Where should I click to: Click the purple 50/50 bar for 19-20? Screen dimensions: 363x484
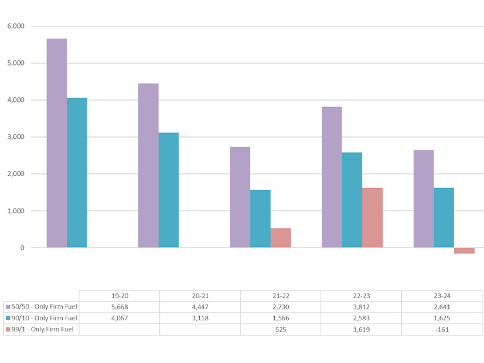tap(56, 143)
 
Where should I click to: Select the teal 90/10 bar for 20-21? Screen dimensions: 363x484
tap(168, 190)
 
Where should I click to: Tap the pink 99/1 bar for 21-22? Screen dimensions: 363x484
tap(281, 238)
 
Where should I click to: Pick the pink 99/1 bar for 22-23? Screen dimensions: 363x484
tap(372, 218)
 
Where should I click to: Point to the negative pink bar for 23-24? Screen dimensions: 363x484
tap(464, 251)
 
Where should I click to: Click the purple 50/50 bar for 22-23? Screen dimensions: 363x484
tap(332, 177)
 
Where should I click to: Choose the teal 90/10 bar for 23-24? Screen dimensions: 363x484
tap(444, 218)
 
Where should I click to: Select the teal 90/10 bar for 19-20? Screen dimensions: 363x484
tap(77, 173)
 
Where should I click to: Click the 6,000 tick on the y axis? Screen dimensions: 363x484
tap(15, 26)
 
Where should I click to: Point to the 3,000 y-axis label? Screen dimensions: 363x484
tap(15, 137)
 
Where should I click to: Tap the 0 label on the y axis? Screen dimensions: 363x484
tap(22, 248)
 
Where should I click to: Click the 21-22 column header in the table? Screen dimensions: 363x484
tap(281, 296)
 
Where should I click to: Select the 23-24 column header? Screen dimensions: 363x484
tap(442, 296)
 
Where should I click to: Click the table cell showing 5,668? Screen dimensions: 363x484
tap(119, 307)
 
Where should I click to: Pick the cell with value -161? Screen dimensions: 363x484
tap(442, 329)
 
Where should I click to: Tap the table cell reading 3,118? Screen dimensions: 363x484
tap(200, 318)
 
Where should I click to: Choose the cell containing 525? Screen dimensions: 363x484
tap(281, 329)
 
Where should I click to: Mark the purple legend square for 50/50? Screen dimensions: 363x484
tap(8, 307)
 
